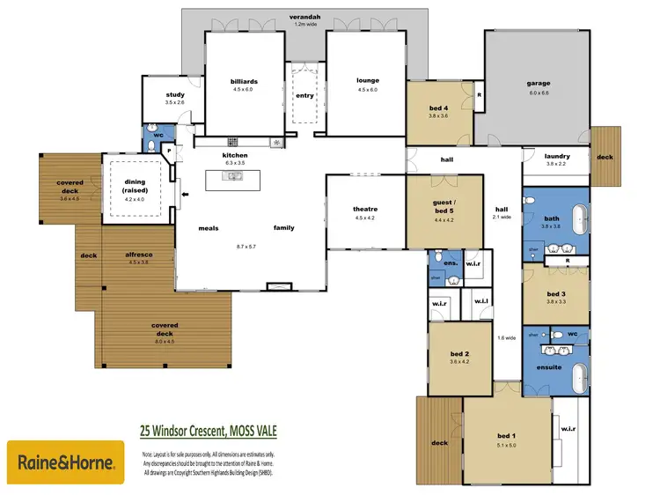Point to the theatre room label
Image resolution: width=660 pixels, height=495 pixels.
pyautogui.click(x=364, y=209)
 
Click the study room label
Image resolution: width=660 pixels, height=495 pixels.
pyautogui.click(x=175, y=95)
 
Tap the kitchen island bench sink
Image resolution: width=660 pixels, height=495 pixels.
pyautogui.click(x=235, y=177)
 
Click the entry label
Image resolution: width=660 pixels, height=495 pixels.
pyautogui.click(x=304, y=96)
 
